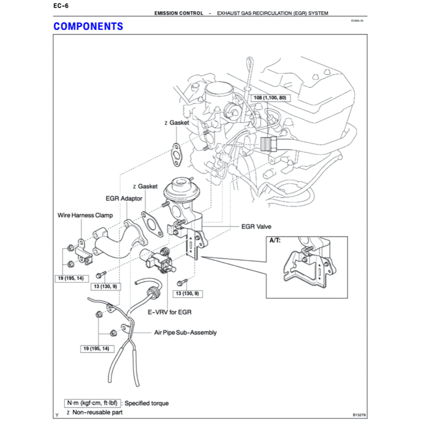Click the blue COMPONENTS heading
(x=88, y=26)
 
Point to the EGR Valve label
(x=256, y=227)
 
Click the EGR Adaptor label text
(x=124, y=199)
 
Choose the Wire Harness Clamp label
(x=85, y=215)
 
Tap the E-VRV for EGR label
(x=169, y=312)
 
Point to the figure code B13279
(x=360, y=414)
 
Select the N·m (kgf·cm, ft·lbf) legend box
(x=92, y=403)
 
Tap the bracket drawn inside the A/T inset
(x=304, y=270)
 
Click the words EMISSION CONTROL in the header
(x=179, y=13)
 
